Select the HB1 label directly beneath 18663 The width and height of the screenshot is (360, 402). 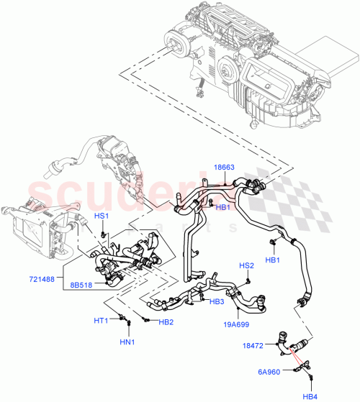(224, 207)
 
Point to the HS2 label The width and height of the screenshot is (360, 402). (246, 266)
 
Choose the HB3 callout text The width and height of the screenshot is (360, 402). (217, 302)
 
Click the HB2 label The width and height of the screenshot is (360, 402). (166, 321)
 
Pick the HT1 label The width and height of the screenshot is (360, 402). (102, 320)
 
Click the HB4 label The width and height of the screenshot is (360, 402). (310, 395)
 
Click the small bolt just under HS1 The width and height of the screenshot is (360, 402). (104, 234)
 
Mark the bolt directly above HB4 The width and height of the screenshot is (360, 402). (309, 375)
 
